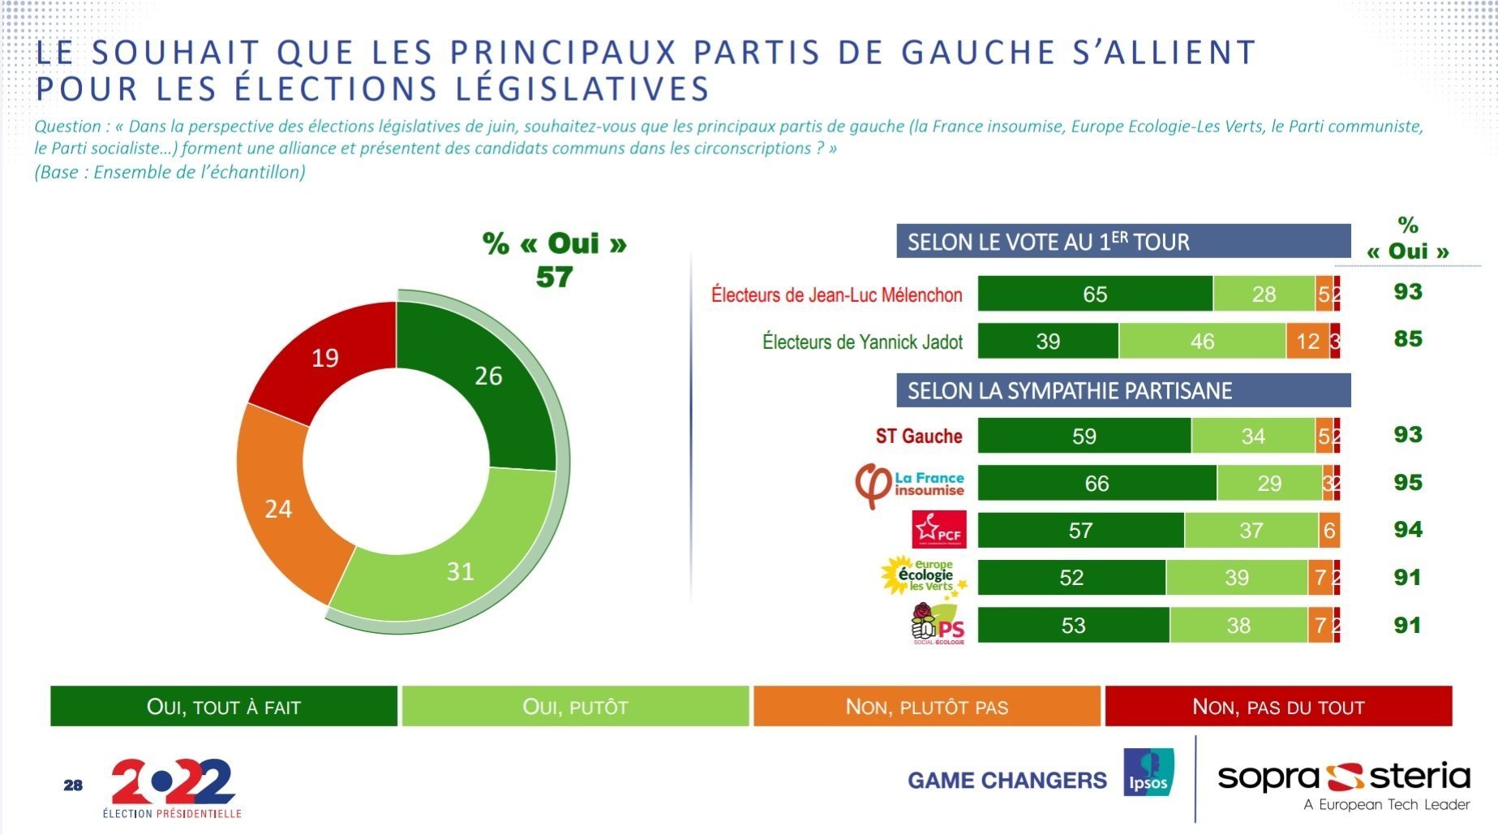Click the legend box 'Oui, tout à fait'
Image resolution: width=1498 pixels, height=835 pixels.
(x=224, y=706)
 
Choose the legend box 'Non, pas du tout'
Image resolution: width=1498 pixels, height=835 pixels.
(x=1278, y=706)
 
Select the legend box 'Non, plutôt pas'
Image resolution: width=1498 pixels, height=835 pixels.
(x=927, y=706)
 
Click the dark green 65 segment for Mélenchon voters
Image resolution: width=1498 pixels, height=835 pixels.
(x=1095, y=294)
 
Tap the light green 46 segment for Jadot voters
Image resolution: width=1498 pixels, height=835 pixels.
(x=1202, y=341)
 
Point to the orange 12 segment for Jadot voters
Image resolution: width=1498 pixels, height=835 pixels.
(x=1307, y=341)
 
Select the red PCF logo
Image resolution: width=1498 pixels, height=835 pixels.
(x=939, y=530)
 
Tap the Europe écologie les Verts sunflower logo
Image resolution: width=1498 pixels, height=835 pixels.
(x=924, y=576)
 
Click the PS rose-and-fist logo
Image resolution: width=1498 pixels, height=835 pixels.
(x=938, y=624)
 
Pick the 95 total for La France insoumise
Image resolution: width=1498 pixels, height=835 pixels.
(x=1408, y=483)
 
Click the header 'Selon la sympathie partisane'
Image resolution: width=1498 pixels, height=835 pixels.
(x=1123, y=390)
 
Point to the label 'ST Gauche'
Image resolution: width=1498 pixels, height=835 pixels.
(x=919, y=436)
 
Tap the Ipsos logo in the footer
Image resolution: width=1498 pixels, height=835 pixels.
(x=1148, y=772)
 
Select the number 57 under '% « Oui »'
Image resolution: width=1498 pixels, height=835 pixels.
(x=554, y=278)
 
